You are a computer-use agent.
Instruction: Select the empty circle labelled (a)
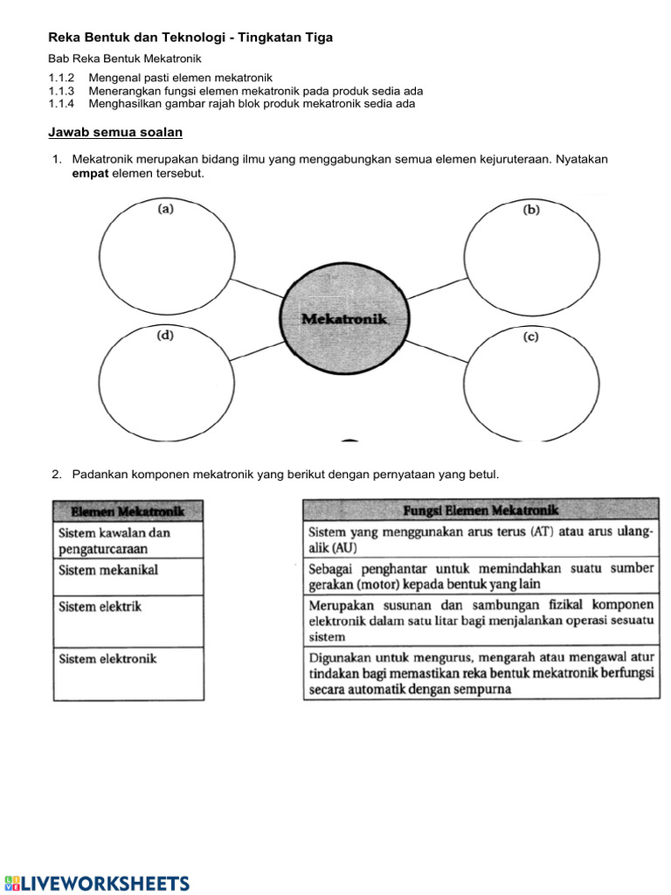tap(167, 258)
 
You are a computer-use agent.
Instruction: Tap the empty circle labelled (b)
tap(532, 258)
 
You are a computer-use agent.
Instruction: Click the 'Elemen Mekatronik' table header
tap(128, 510)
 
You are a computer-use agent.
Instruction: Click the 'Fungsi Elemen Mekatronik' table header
tap(481, 510)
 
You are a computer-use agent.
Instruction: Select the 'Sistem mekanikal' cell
tap(128, 577)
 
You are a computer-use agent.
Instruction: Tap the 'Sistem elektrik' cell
tap(128, 621)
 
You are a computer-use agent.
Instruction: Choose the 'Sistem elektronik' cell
tap(128, 672)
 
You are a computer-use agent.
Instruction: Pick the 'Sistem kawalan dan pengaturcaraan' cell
tap(128, 540)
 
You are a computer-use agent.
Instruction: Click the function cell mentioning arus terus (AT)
tap(481, 540)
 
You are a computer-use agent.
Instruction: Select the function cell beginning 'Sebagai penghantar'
tap(481, 577)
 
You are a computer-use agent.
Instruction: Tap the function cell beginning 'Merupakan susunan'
tap(481, 621)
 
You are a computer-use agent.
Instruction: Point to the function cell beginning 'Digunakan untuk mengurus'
tap(481, 672)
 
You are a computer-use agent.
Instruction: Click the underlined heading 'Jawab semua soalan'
tap(114, 132)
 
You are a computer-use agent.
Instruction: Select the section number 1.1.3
tap(61, 91)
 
